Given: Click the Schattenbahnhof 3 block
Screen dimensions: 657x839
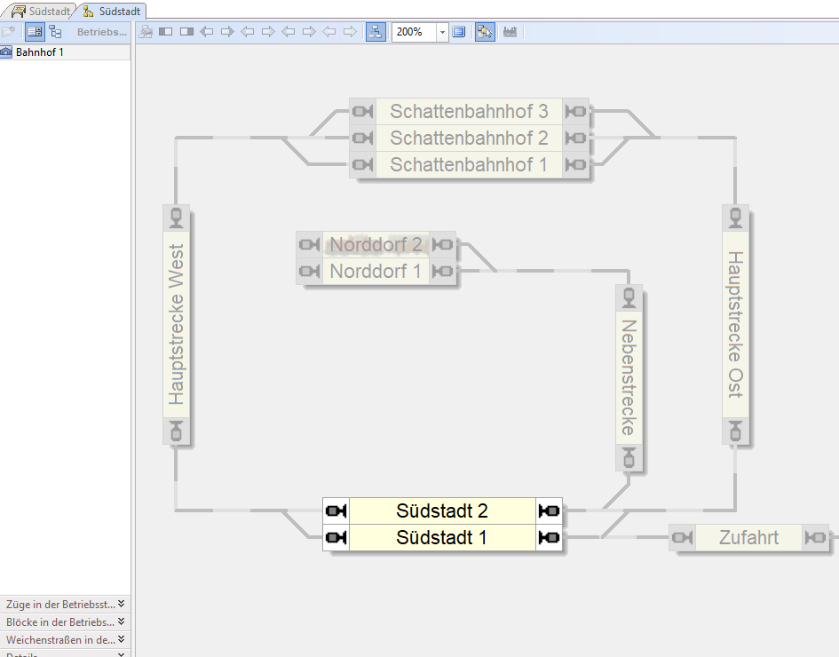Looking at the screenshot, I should [x=469, y=112].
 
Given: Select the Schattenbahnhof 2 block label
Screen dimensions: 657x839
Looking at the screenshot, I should [x=469, y=139].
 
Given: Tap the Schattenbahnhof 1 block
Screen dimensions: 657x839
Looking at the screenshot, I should [x=469, y=165].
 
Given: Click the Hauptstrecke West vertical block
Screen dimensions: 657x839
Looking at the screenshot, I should [x=177, y=324].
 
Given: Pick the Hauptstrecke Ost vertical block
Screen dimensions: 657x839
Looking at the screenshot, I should [x=735, y=324].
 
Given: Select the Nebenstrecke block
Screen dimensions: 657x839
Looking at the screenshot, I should [x=629, y=377].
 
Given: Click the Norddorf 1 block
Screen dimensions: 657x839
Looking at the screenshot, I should [x=376, y=272].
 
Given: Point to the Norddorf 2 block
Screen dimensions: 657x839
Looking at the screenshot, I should [x=376, y=245].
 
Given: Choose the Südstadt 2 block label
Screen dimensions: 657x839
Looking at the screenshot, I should [x=442, y=511].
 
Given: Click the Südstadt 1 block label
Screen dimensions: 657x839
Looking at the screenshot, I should [x=442, y=538].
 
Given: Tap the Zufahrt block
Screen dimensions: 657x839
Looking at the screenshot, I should [x=748, y=537].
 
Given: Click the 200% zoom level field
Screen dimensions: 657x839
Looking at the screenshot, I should [x=413, y=32].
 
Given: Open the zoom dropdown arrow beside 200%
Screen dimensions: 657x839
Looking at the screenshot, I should [x=442, y=32].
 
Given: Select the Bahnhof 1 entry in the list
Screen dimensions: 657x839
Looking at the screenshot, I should [x=39, y=52].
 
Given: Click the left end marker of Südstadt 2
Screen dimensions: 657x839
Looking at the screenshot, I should [x=336, y=511].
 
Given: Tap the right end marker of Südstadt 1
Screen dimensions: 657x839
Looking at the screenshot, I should [x=550, y=538].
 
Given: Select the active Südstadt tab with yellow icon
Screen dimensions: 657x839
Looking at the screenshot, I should [x=113, y=11].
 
